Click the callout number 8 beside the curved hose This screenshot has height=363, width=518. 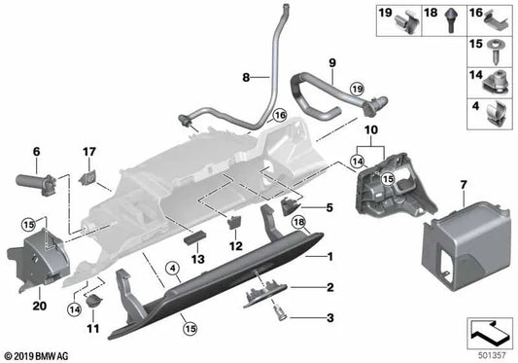247,76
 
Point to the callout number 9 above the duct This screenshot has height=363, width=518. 331,63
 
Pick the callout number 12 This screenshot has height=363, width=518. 234,246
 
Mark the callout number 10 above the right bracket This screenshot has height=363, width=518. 370,128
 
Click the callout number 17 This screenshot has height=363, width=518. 89,151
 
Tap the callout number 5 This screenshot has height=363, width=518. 329,206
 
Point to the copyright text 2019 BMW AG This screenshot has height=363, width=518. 39,355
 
